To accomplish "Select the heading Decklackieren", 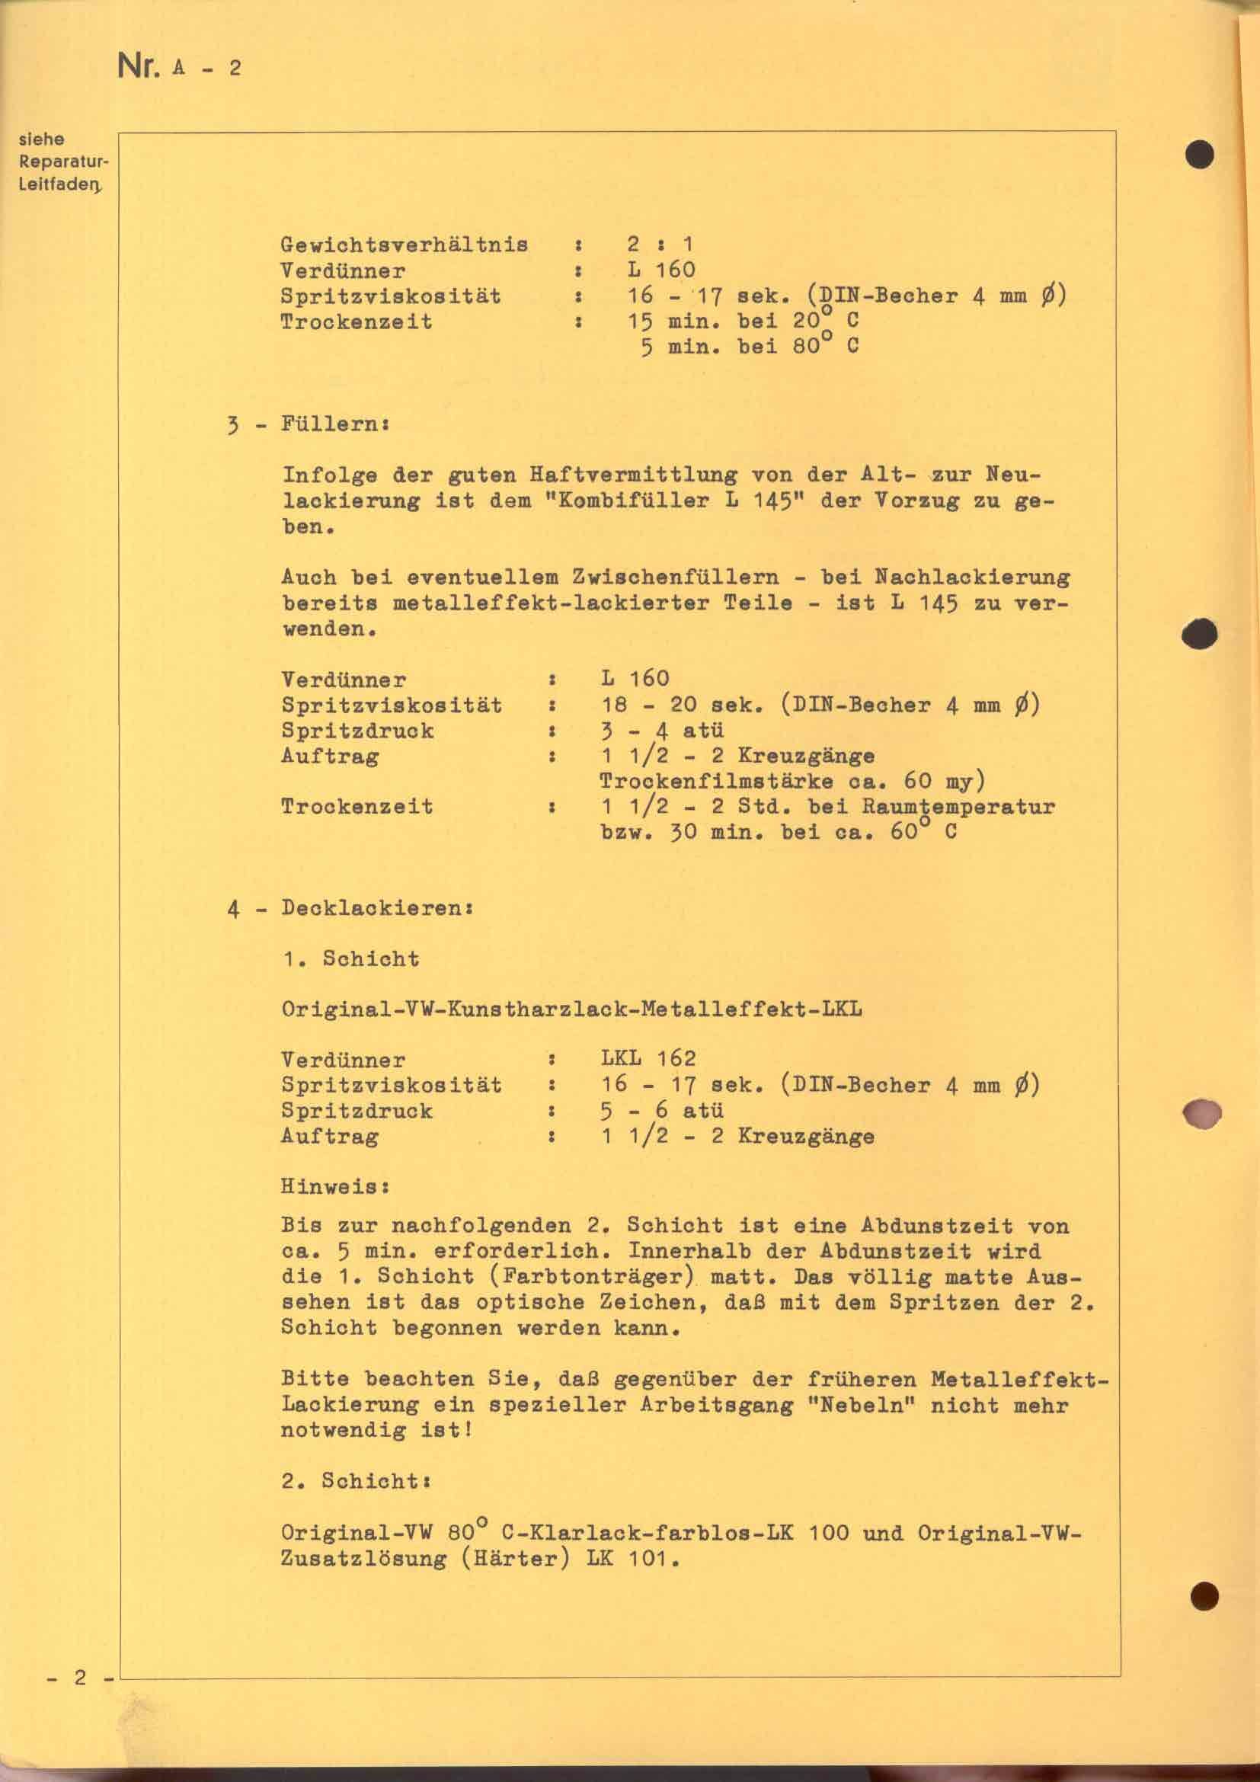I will (x=376, y=908).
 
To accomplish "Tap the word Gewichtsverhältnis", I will (x=405, y=245).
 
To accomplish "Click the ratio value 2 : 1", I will (x=660, y=245).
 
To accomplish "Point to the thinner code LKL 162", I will (x=648, y=1059).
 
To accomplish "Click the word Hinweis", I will (x=334, y=1187).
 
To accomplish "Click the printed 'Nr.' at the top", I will (x=137, y=67).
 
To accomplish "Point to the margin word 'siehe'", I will (x=41, y=139).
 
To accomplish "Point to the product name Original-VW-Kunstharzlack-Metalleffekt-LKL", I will (x=571, y=1009).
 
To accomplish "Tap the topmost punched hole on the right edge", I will (x=1200, y=155).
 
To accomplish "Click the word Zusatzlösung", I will (x=364, y=1559).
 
